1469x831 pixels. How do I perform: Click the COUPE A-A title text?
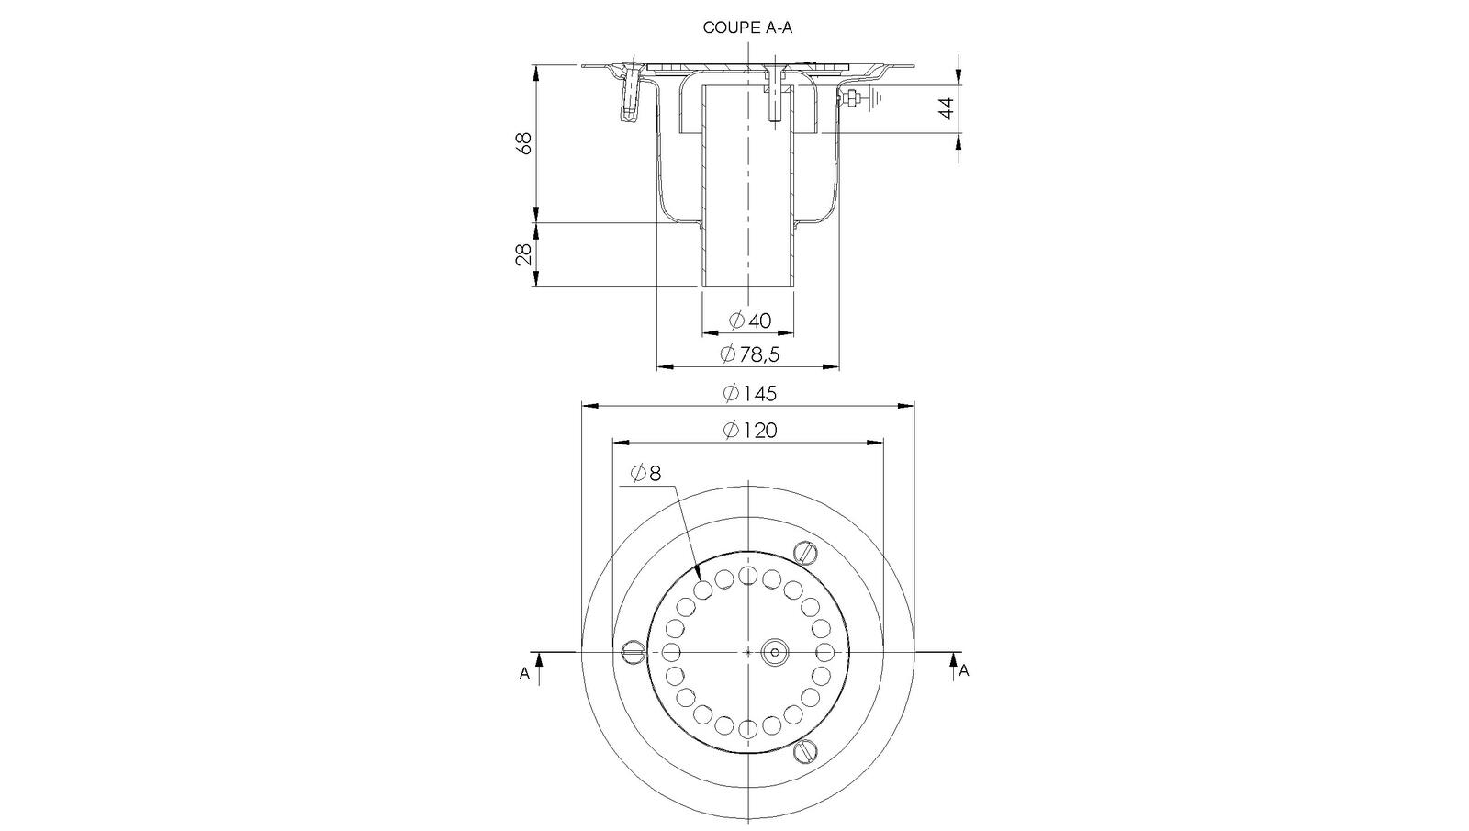746,28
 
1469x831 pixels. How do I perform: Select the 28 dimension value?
522,254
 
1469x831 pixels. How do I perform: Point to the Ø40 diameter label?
750,320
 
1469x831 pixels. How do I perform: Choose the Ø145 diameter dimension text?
749,393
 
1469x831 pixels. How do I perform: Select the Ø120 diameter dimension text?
749,430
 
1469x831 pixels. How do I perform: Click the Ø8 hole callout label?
645,474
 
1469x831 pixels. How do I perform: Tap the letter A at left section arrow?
524,673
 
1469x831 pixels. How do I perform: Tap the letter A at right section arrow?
964,671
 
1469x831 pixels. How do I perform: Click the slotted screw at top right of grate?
805,552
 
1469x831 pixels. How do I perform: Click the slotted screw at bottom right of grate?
805,750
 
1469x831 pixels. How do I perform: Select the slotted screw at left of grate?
634,652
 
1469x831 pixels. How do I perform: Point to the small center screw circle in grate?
775,652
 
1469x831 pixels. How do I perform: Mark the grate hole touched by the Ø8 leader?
703,589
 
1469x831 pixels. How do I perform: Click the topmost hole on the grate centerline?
748,576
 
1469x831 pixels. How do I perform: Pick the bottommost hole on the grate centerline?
748,728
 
